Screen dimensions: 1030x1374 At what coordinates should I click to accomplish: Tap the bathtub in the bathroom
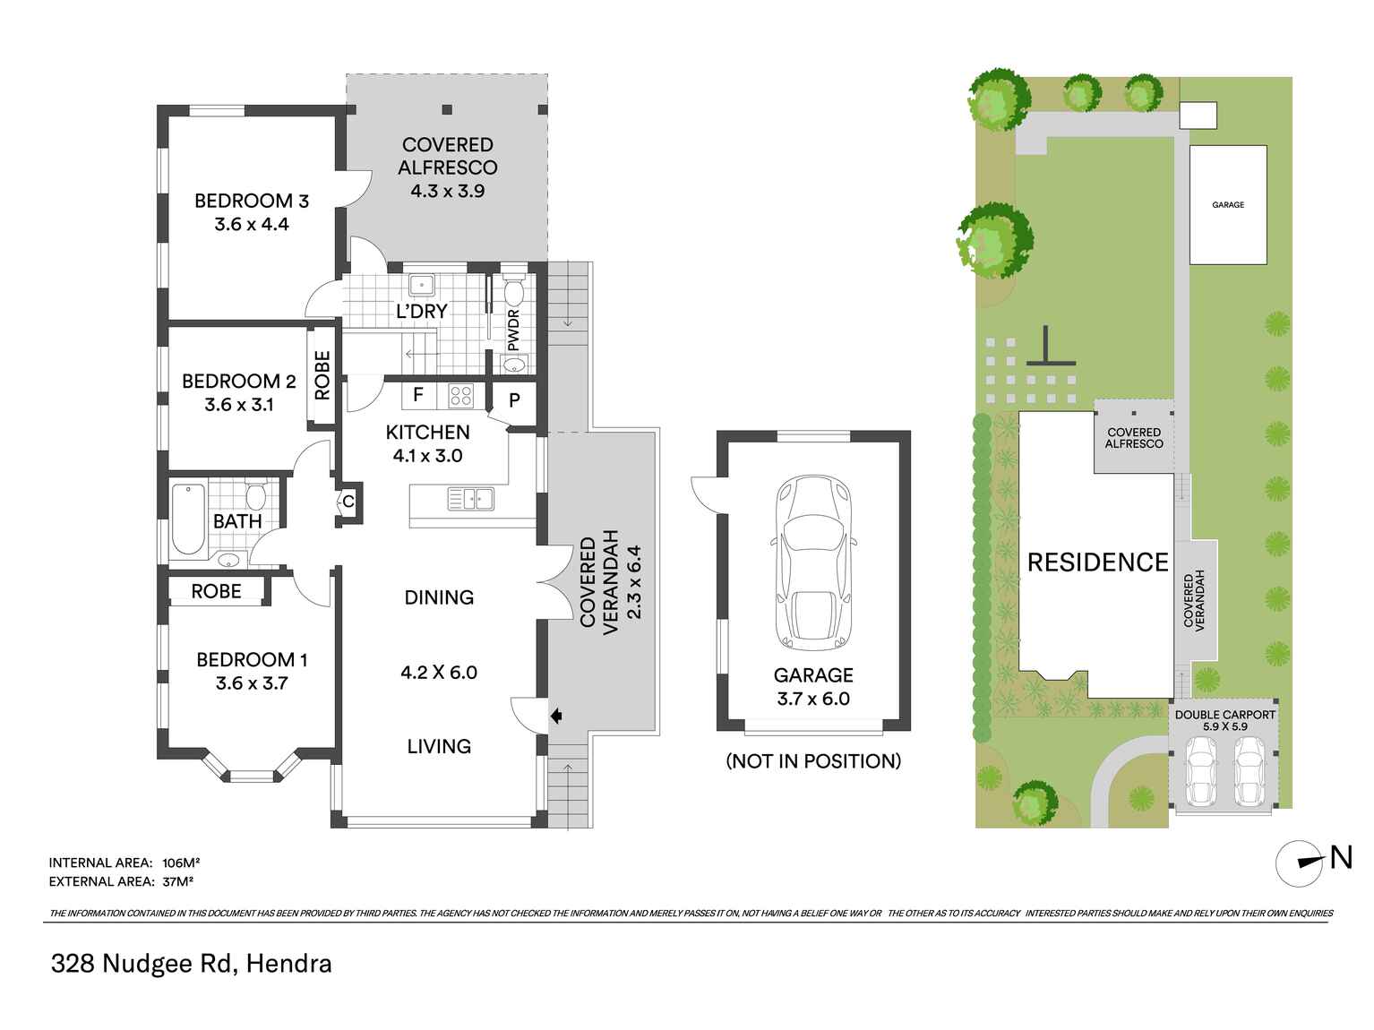click(x=188, y=519)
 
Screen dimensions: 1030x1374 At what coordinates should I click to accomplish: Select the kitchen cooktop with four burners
click(x=460, y=395)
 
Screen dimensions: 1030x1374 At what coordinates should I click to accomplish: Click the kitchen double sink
click(x=470, y=498)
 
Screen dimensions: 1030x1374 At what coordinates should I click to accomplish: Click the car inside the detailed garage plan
click(x=813, y=562)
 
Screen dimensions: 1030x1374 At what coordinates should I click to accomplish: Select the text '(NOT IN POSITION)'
click(x=812, y=761)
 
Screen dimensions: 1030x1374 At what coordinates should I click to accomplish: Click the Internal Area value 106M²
click(x=181, y=863)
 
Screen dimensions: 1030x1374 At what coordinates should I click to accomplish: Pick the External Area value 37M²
click(x=178, y=881)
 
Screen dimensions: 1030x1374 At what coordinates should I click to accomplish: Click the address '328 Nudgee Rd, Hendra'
click(x=192, y=964)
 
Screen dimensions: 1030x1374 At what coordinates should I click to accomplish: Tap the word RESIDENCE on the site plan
click(x=1097, y=562)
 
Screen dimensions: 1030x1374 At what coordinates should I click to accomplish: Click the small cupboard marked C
click(x=348, y=502)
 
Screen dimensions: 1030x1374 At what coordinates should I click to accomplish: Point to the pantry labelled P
click(x=514, y=399)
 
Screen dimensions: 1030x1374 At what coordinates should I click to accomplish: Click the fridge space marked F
click(x=417, y=394)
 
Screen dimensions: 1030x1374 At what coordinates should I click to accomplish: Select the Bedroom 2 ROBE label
click(x=322, y=375)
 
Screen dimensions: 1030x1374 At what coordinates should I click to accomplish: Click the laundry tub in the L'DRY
click(x=421, y=286)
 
